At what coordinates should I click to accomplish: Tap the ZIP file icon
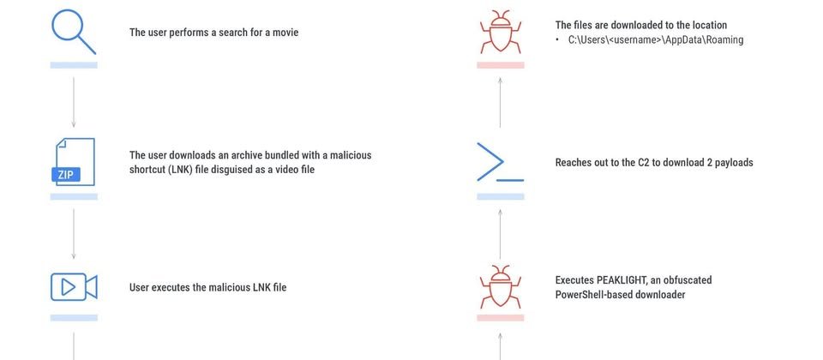click(74, 162)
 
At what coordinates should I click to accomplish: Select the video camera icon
click(74, 286)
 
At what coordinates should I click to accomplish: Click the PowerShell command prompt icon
click(500, 162)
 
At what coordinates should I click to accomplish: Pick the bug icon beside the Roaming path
click(500, 32)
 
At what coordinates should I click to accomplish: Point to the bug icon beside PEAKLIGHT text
click(500, 286)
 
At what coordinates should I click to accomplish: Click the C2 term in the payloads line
click(643, 162)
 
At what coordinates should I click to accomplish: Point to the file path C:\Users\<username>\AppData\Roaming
click(656, 40)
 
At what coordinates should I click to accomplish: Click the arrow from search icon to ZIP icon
click(74, 102)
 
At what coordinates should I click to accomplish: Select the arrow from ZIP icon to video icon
click(74, 233)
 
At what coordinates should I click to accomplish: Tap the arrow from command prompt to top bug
click(500, 102)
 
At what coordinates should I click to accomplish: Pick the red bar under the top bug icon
click(500, 65)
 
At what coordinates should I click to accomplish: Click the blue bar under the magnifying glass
click(74, 65)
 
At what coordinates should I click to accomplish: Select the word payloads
click(734, 163)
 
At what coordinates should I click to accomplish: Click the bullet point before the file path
click(558, 40)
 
